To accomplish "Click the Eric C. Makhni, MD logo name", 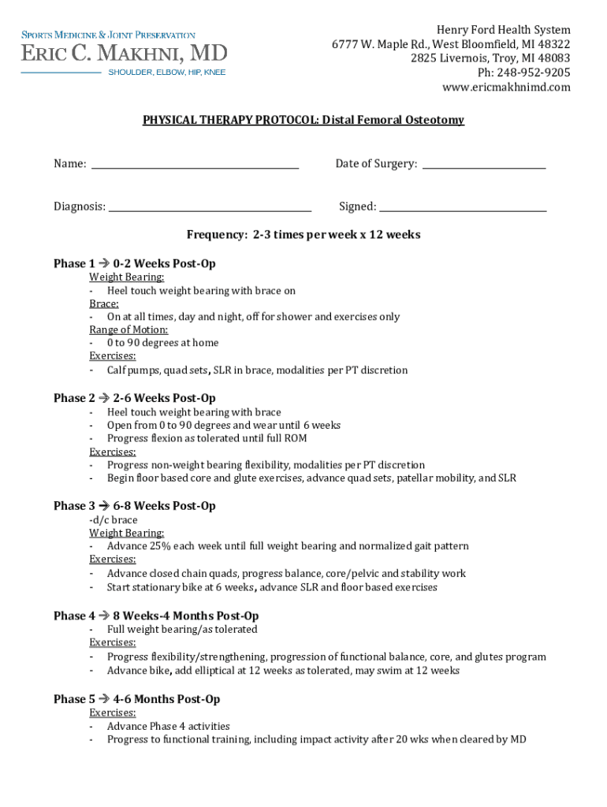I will [x=124, y=54].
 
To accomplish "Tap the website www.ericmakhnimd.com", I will [x=506, y=87].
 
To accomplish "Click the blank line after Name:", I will [x=195, y=168].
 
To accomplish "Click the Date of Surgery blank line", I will [x=484, y=168].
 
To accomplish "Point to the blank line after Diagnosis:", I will [x=210, y=210].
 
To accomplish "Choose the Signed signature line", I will [x=463, y=210].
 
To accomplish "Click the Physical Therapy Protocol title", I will [x=303, y=121].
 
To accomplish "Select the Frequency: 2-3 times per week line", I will [x=303, y=235].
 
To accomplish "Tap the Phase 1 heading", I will [x=134, y=263].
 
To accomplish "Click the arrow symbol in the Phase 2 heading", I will [x=104, y=398].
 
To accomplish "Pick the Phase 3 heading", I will [x=134, y=506].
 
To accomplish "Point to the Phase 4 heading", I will [x=156, y=615].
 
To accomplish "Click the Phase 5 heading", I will [x=136, y=699].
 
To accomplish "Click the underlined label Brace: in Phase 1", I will [x=104, y=303].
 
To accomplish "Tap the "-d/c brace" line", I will [x=114, y=520].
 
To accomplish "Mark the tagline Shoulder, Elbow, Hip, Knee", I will [x=166, y=73].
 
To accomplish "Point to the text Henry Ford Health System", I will [x=505, y=30].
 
